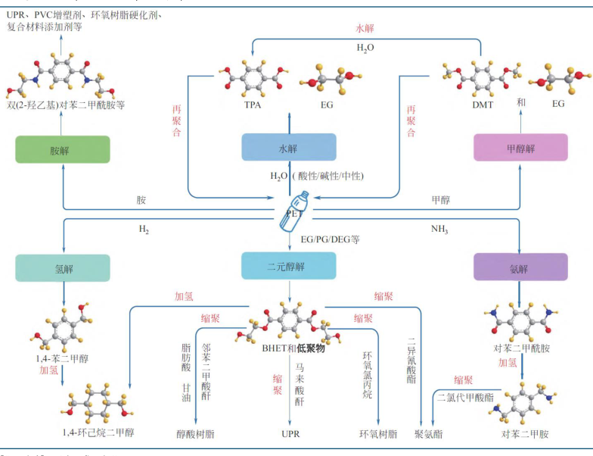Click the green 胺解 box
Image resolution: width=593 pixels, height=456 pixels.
coord(63,149)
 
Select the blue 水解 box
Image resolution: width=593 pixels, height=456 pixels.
coord(289,147)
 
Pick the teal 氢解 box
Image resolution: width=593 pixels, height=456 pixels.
coord(63,268)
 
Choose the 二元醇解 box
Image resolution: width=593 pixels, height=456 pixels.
coord(289,266)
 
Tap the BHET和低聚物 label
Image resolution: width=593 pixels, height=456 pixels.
coord(289,348)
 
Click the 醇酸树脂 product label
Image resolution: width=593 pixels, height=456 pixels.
coord(195,434)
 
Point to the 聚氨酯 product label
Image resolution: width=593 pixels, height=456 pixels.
coord(429,434)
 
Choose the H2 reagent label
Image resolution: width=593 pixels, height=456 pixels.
coord(144,229)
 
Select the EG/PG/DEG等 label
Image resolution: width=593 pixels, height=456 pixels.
coord(330,239)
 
